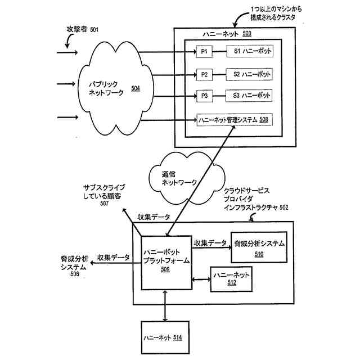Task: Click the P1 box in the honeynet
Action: point(204,52)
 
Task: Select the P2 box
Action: point(204,74)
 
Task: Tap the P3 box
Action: point(204,96)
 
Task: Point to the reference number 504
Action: point(136,88)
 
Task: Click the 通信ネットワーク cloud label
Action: point(179,179)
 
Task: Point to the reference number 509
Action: point(165,270)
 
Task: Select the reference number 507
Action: point(105,204)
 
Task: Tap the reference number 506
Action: point(74,274)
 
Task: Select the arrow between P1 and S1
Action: point(218,52)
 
